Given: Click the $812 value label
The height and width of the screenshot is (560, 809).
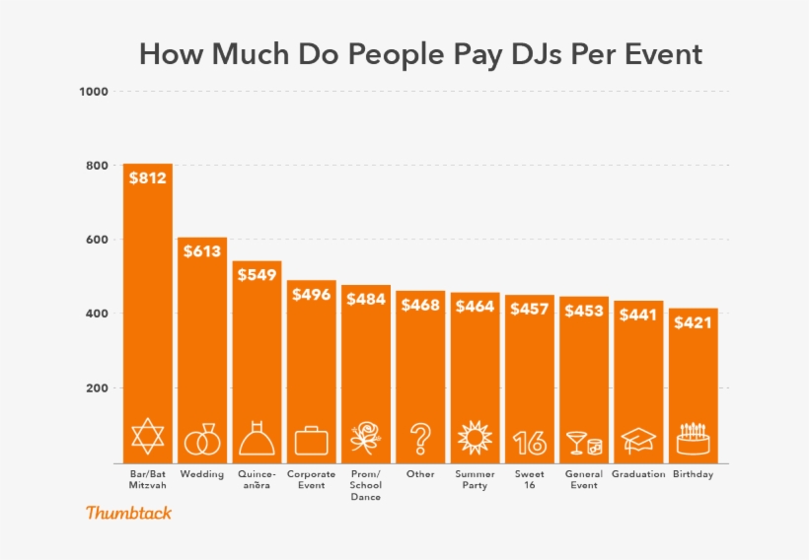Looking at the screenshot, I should pos(147,178).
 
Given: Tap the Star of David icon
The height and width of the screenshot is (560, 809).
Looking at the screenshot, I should pos(147,436).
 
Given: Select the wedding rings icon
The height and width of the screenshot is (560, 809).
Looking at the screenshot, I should pos(201,440).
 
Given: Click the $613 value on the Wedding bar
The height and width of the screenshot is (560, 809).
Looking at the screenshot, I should pos(202,252).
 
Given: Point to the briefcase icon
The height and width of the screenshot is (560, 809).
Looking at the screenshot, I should pos(311,440).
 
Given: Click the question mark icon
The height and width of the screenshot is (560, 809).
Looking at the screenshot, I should pos(420,438).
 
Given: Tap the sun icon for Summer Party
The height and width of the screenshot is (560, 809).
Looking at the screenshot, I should pos(475,437).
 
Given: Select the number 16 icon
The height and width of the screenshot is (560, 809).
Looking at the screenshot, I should pos(530,442).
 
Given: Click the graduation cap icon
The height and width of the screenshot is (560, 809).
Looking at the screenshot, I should pos(638,440).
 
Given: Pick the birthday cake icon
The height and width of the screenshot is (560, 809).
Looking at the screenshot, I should pos(693,439).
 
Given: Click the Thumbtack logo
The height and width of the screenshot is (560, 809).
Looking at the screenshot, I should pos(128,513).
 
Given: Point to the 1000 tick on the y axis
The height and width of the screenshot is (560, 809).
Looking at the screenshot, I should pos(94,92).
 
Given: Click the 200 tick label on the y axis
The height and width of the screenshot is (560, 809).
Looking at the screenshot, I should pos(96,388).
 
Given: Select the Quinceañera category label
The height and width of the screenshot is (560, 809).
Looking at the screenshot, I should pos(257,480).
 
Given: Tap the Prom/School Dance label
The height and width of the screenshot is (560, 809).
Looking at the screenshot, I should pos(365,485).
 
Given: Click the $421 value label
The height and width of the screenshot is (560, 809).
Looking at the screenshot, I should pos(693,321).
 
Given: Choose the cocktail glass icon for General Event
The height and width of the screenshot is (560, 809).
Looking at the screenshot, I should pos(583,442).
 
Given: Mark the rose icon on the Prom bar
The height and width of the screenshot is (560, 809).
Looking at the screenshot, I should pos(365,438).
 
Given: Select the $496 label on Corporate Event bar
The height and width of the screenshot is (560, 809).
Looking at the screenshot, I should pos(311,295).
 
